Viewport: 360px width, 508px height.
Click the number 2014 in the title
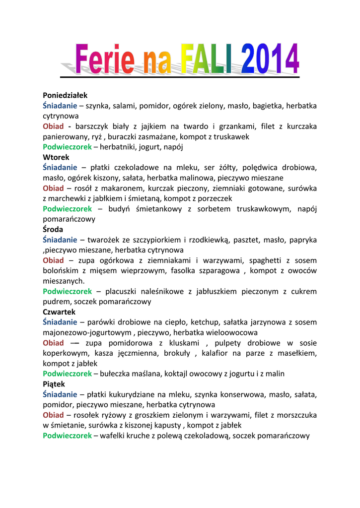[x=272, y=59]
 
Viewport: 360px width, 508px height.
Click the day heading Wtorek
[x=55, y=157]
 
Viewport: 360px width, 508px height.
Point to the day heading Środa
[x=53, y=230]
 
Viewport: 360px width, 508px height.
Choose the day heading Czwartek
[x=59, y=312]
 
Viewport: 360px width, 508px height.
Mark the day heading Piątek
[x=54, y=384]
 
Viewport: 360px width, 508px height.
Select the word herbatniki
[x=116, y=147]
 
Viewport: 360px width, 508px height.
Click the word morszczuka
[x=295, y=415]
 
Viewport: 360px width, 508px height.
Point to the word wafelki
[x=114, y=436]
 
